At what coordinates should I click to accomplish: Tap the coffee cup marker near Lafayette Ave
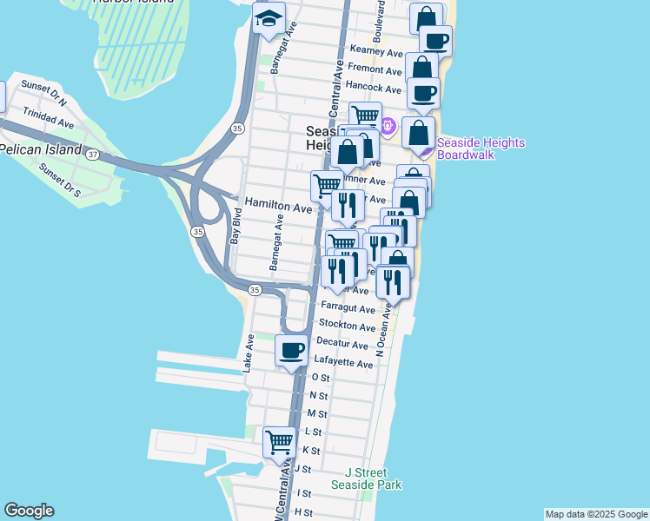point(291,350)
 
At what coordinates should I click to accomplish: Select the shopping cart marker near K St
point(280,442)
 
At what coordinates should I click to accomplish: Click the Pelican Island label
point(40,149)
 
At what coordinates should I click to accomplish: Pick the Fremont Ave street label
point(374,69)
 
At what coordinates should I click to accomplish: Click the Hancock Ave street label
point(373,88)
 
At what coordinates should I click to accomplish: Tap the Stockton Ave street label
point(348,326)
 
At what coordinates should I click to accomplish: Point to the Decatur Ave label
point(342,344)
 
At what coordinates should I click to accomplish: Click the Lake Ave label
point(249,355)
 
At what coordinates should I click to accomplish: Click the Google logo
point(29,511)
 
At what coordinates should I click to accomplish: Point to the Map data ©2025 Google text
point(595,514)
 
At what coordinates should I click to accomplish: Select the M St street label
point(317,414)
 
